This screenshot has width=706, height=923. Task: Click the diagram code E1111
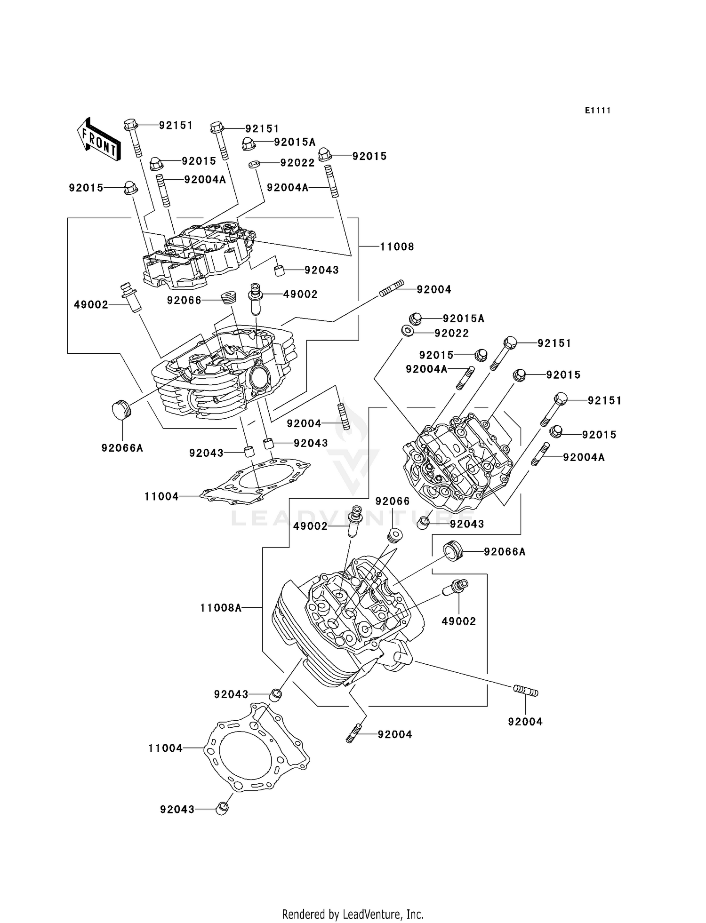coord(598,111)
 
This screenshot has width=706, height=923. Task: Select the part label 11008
coord(397,247)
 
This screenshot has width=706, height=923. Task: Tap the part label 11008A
coord(221,608)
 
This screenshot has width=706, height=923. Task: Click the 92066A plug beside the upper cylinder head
coord(121,409)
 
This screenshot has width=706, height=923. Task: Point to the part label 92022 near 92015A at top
coord(297,163)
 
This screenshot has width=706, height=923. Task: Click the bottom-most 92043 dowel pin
coord(222,809)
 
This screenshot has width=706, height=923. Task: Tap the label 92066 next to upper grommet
coord(184,300)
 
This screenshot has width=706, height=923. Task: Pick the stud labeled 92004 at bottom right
coord(525,691)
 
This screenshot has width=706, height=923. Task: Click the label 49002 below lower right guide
coord(458,621)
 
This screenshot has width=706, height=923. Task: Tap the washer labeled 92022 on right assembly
coord(408,331)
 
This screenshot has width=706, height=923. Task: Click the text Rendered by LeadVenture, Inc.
coord(353,914)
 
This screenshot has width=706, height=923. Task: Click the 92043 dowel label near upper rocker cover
coord(321,270)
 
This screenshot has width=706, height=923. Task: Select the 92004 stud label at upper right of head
coord(433,290)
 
